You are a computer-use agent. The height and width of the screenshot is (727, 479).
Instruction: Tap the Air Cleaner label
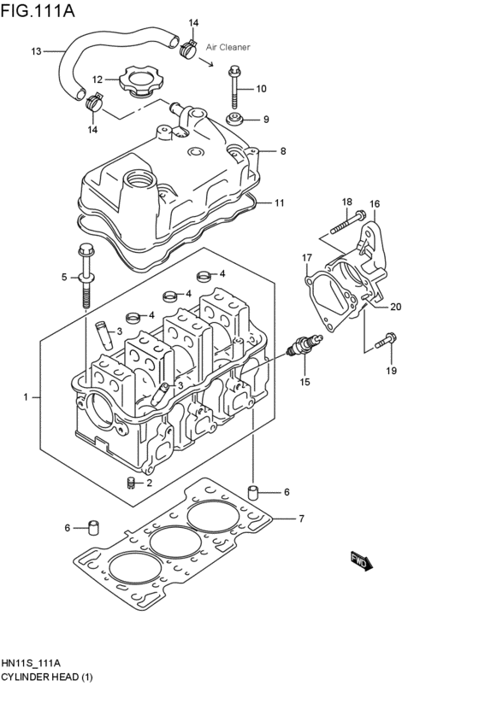(228, 48)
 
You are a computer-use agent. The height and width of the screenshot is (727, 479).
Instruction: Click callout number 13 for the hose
(36, 51)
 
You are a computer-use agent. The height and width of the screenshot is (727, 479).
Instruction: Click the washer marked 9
(234, 118)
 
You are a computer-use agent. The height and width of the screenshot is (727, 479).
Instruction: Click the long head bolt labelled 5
(86, 275)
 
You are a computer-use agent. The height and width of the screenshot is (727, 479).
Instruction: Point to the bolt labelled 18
(341, 226)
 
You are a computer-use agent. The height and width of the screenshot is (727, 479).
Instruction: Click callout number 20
(395, 307)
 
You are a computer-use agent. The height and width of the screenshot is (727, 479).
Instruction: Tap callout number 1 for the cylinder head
(27, 397)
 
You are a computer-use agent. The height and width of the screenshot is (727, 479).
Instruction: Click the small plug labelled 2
(131, 484)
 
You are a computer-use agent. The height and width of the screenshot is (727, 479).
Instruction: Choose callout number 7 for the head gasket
(301, 519)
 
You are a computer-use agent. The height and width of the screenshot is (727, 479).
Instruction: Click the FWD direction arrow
(360, 560)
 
